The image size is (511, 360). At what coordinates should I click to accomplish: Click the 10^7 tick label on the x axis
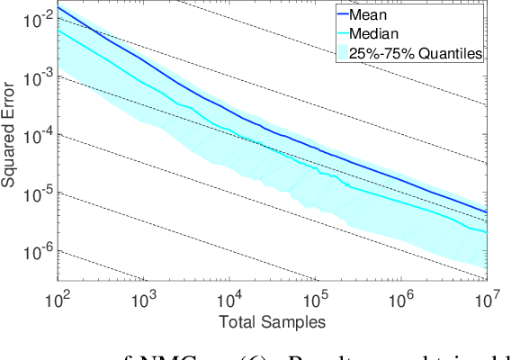pyautogui.click(x=486, y=297)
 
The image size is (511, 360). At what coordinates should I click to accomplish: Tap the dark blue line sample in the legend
pyautogui.click(x=343, y=14)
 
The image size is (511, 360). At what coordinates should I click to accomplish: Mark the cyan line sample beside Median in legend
pyautogui.click(x=343, y=33)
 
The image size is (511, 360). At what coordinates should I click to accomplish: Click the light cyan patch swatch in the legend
pyautogui.click(x=343, y=53)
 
